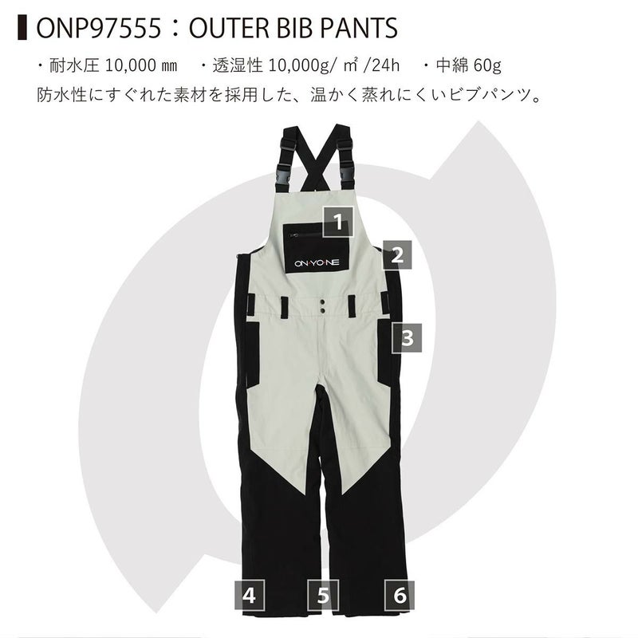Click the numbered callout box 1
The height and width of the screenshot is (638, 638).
tap(338, 222)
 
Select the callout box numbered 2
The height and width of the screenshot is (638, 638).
tap(397, 255)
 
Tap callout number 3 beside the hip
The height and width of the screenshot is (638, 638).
tap(407, 337)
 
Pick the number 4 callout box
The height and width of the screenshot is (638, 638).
tap(250, 595)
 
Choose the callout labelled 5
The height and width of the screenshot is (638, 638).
tap(323, 595)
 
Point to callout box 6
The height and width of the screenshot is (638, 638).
tap(400, 595)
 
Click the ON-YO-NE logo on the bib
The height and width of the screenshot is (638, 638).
tap(317, 263)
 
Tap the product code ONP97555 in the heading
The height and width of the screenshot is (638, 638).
tap(99, 29)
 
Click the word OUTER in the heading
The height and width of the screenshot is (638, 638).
tap(229, 29)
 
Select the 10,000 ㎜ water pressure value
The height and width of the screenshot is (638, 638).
tap(141, 65)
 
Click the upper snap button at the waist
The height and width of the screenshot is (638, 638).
tap(322, 302)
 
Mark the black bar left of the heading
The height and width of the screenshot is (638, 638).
tap(22, 28)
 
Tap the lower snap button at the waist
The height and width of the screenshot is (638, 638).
tap(322, 311)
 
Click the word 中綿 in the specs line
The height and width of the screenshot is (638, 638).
tap(450, 65)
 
